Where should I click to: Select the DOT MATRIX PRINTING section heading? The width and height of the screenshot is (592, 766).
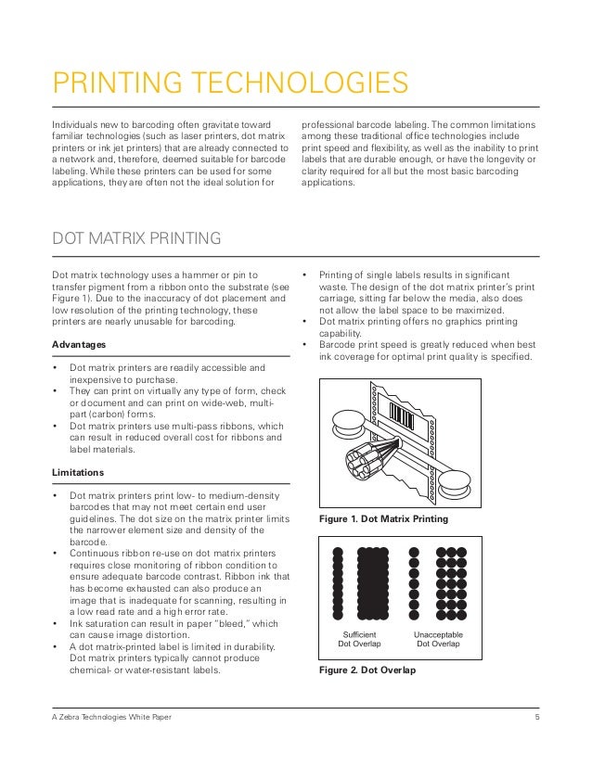135,239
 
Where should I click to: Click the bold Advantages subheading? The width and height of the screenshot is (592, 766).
79,345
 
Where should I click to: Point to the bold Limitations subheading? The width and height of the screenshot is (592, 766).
77,473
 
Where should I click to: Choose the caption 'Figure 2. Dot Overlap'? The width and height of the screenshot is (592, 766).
367,670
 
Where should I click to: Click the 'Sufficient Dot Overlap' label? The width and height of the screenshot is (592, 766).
358,638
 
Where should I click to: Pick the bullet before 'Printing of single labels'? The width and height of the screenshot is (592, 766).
305,274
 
